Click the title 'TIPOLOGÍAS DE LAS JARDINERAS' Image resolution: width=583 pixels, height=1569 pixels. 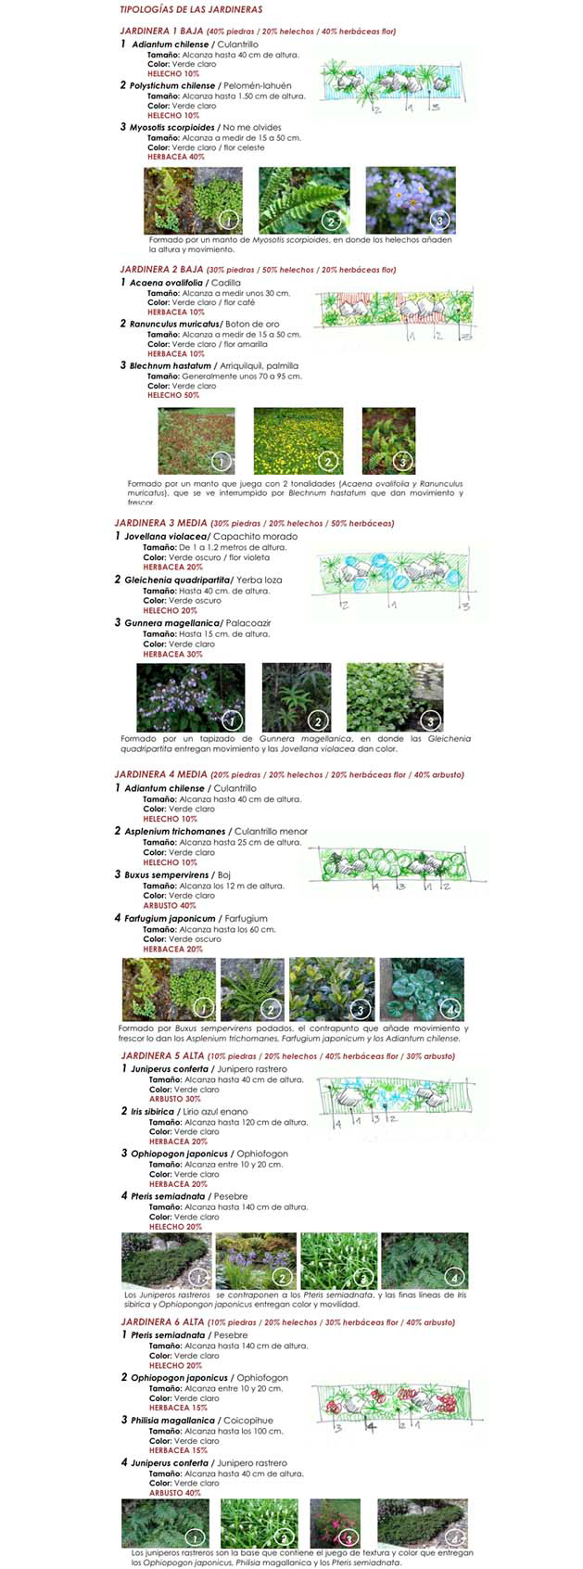pyautogui.click(x=191, y=9)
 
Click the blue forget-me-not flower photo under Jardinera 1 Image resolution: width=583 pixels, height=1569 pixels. pyautogui.click(x=410, y=199)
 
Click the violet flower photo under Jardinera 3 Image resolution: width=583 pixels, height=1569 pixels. pyautogui.click(x=191, y=696)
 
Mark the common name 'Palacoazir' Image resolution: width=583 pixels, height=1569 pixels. pyautogui.click(x=247, y=622)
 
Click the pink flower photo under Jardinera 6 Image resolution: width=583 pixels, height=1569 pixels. pyautogui.click(x=335, y=1524)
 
